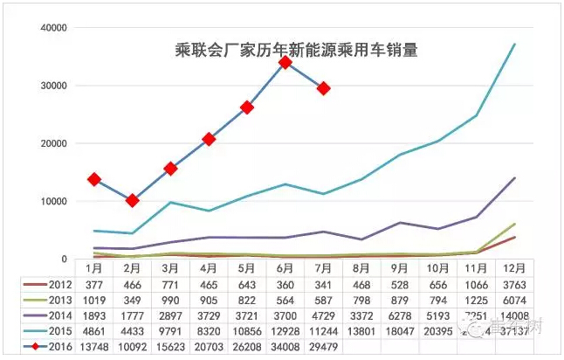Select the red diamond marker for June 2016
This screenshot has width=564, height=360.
[x=285, y=62]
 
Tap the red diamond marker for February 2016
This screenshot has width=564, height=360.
[x=132, y=200]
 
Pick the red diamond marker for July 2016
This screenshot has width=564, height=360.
[x=324, y=88]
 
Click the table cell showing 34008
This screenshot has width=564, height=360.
[x=285, y=348]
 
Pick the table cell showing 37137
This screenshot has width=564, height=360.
[x=514, y=333]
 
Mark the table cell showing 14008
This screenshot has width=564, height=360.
[x=514, y=316]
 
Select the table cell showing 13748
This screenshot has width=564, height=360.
[x=93, y=348]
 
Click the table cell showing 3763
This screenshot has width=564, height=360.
[x=514, y=285]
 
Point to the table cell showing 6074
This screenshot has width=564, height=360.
[x=514, y=301]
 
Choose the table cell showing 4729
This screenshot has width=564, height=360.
[x=323, y=316]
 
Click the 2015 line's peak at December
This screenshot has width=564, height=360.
[x=514, y=44]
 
